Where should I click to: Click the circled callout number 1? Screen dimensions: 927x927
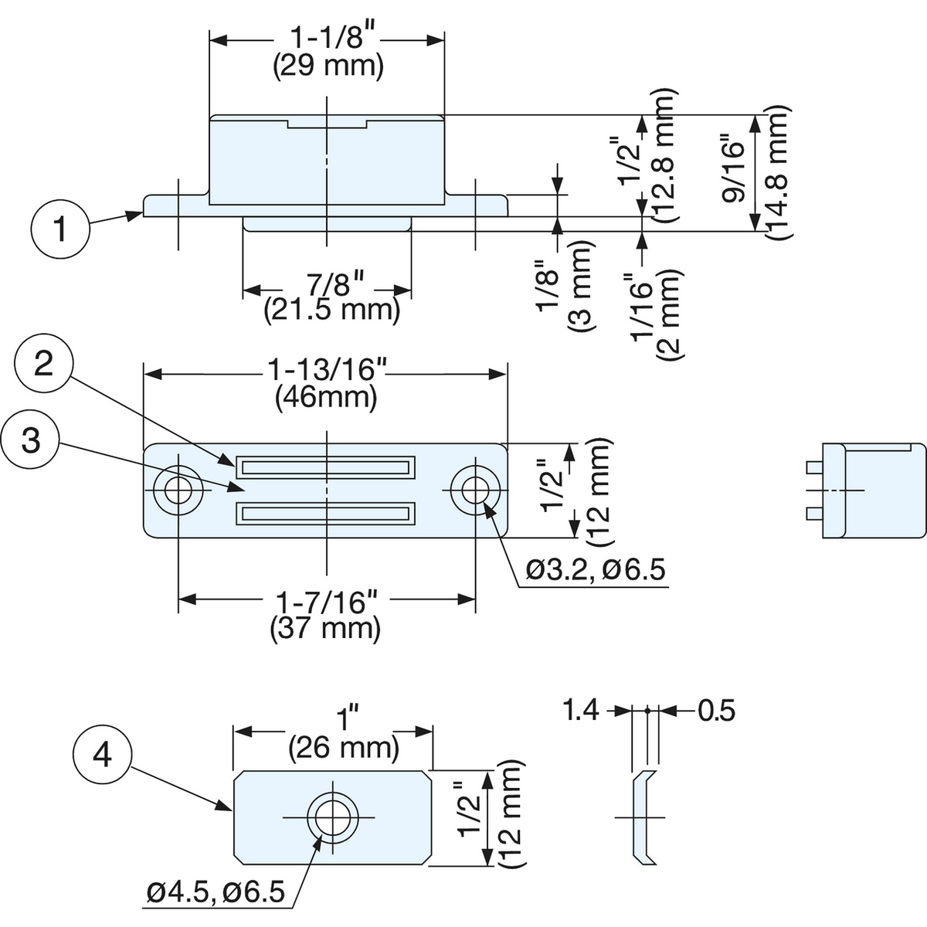[61, 229]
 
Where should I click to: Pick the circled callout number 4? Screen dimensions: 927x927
[102, 753]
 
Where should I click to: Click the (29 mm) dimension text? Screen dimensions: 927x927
[328, 67]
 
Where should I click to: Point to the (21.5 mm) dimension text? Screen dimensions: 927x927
[331, 311]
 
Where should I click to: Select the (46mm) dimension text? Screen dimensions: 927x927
[326, 398]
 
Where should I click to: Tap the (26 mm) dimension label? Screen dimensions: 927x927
[344, 747]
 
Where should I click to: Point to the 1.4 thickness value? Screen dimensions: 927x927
[581, 710]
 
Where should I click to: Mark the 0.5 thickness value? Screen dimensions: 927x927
[716, 710]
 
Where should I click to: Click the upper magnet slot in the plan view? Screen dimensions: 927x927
[327, 467]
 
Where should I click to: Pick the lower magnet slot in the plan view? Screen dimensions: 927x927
[327, 511]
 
